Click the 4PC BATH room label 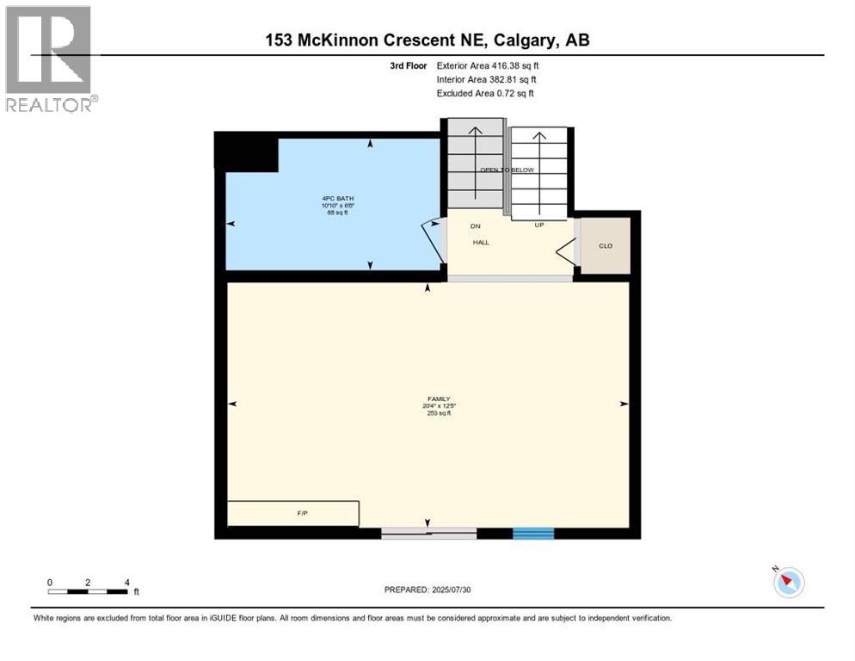pos(332,199)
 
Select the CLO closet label pos(606,245)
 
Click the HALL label pos(481,243)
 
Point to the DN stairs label pos(474,225)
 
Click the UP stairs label pos(538,225)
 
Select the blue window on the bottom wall pos(533,534)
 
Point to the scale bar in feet pos(89,590)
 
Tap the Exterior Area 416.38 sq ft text pos(488,65)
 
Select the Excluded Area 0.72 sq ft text pos(490,93)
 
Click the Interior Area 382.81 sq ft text pos(486,79)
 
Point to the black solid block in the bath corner pos(245,153)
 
